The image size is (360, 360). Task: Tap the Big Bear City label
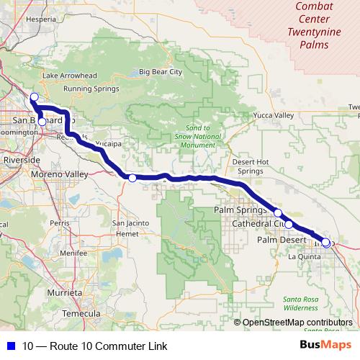click(161, 72)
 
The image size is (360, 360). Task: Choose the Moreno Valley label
click(59, 174)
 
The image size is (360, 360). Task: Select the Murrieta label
click(63, 294)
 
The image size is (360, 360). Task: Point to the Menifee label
click(54, 253)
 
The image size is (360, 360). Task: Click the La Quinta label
click(304, 256)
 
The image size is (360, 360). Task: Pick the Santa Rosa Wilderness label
click(300, 302)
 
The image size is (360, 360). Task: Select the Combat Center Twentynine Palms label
click(318, 25)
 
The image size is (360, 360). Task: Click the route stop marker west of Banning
click(132, 178)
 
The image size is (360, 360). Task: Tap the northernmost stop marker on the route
click(34, 96)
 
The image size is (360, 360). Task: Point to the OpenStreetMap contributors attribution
click(295, 323)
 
